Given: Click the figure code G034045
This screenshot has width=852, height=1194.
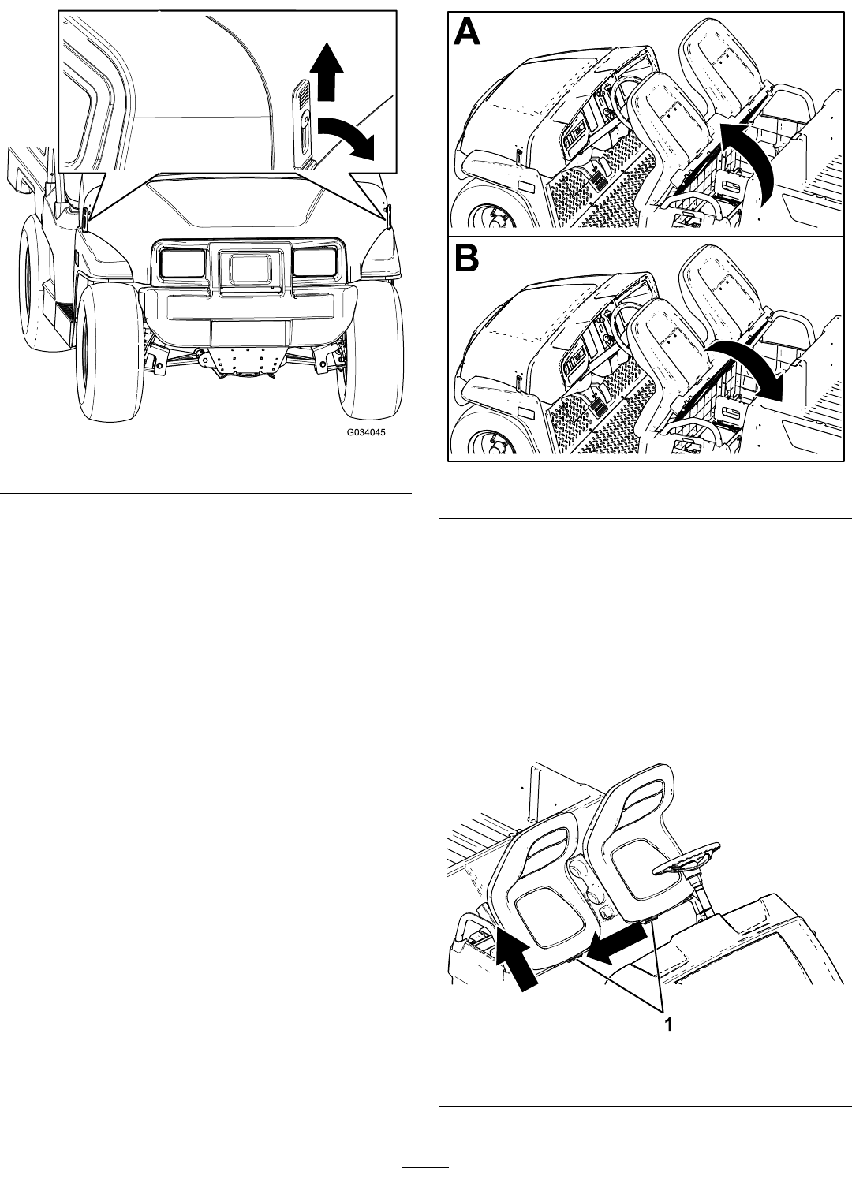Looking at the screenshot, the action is [366, 432].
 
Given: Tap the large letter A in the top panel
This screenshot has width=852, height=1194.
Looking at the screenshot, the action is [466, 32].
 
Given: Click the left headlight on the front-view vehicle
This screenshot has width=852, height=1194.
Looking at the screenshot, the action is [183, 263].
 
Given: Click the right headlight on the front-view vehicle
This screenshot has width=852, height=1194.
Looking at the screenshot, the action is [315, 262].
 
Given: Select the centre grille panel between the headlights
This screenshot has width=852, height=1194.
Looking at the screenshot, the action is [250, 267].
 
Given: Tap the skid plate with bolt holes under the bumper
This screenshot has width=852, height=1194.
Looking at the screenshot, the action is [245, 360].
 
